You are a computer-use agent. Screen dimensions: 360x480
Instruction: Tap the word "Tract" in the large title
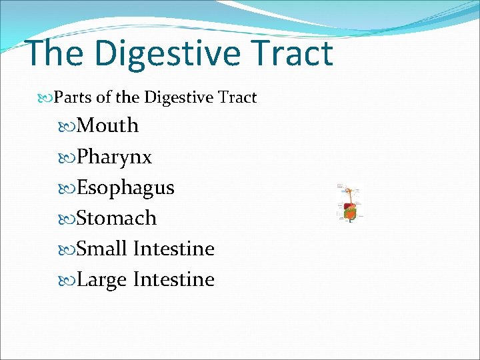tap(292, 53)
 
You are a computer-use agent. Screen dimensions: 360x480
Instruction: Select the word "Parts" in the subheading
tap(73, 98)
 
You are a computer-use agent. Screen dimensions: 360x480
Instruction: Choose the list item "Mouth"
tap(107, 125)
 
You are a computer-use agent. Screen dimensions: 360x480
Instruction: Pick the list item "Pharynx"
tap(114, 157)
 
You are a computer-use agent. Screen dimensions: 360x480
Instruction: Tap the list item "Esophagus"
tap(125, 188)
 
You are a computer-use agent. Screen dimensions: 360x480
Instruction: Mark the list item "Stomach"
tap(117, 218)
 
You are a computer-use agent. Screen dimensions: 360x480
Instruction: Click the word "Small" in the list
tap(102, 249)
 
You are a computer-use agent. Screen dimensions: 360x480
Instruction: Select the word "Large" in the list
tap(102, 279)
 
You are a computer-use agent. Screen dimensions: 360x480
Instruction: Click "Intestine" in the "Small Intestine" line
tap(173, 249)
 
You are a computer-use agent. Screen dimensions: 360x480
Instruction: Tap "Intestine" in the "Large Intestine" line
tap(173, 279)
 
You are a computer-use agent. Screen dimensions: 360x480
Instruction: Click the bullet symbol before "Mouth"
tap(71, 126)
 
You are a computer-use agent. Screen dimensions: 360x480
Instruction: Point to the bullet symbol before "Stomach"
tap(71, 219)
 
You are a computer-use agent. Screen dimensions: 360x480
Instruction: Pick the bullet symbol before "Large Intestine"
tap(71, 280)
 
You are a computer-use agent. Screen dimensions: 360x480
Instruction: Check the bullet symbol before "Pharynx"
tap(71, 158)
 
